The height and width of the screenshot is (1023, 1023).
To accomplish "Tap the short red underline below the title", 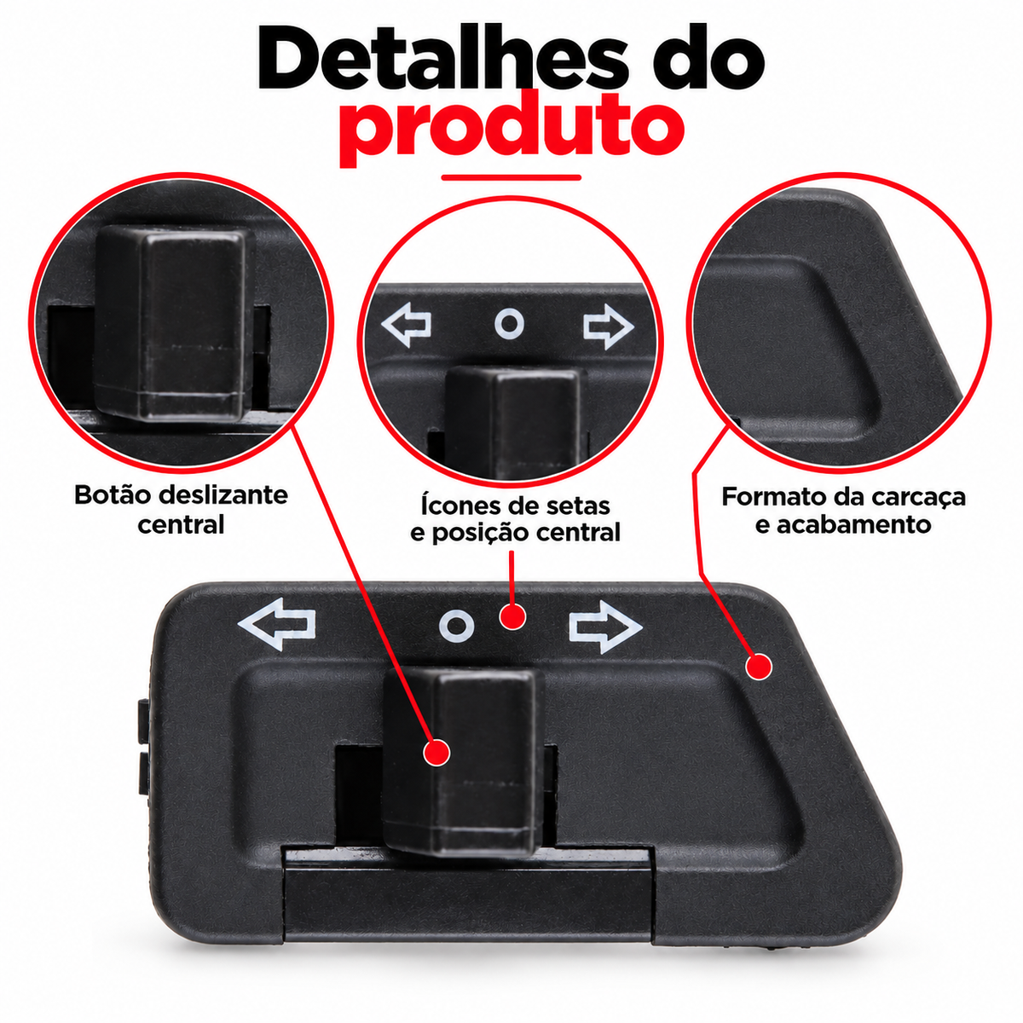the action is (x=511, y=178).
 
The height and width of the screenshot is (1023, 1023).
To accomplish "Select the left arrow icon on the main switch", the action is (x=276, y=624).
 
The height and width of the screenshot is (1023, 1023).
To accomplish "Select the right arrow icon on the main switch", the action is (x=606, y=627).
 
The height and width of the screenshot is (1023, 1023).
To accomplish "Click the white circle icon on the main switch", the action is (x=457, y=626).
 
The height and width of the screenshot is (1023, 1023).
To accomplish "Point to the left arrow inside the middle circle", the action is (x=406, y=325).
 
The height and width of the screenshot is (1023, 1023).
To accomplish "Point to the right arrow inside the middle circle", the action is (x=609, y=327).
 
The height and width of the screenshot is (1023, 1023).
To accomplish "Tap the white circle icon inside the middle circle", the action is (x=509, y=324).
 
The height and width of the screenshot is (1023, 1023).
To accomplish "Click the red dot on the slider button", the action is (x=436, y=752).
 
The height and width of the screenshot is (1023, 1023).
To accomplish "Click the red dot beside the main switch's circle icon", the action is (x=511, y=616).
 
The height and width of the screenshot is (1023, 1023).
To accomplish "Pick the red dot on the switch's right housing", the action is (x=759, y=667).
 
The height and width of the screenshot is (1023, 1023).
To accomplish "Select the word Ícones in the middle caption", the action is (x=460, y=506).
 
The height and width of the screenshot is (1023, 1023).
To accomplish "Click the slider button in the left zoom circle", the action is (x=173, y=323).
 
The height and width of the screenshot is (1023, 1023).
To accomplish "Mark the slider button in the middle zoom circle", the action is (x=514, y=422).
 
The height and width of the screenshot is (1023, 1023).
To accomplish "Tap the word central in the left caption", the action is (x=181, y=524).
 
